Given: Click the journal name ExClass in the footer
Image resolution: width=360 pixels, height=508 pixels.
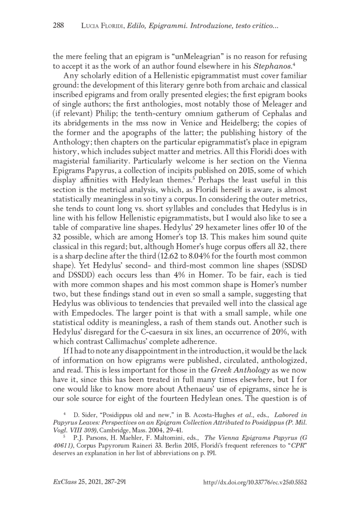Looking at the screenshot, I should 64,482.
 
